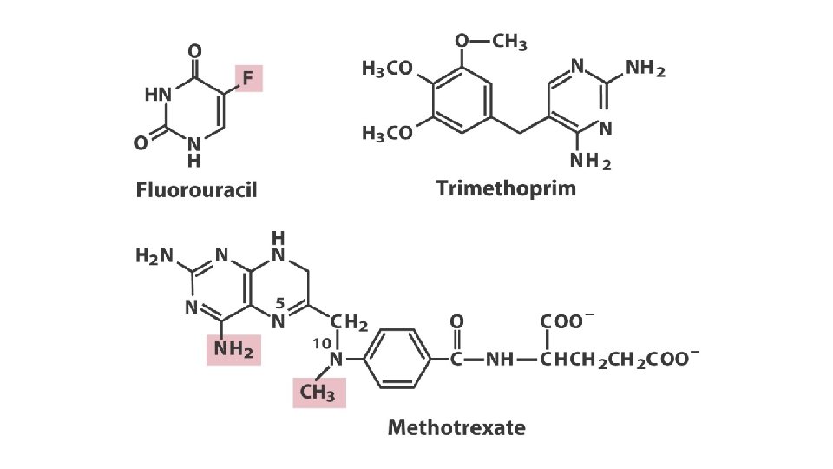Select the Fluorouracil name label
tap(196, 190)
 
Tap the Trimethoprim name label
tap(506, 188)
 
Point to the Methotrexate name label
tap(456, 427)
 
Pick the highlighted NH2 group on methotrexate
tap(233, 351)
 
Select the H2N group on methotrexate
tap(154, 256)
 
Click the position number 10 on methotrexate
tap(319, 343)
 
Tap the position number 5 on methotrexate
tap(279, 303)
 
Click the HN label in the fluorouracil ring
tap(158, 95)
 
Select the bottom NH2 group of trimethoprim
tap(590, 162)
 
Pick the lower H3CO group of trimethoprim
tap(387, 134)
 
